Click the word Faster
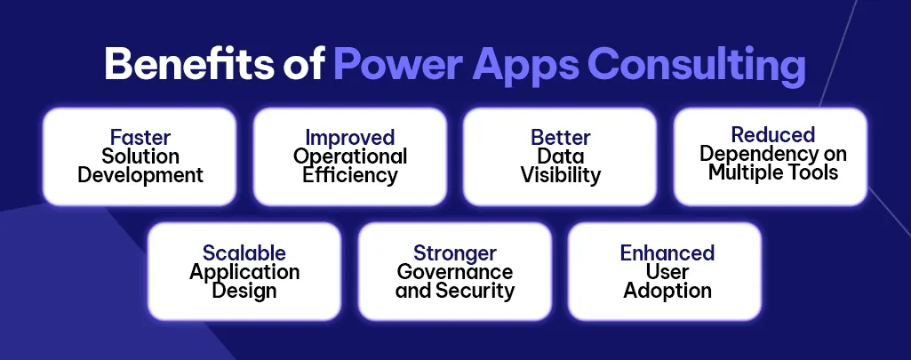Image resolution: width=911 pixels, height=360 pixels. pos(140,138)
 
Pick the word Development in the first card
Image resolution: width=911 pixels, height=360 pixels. pos(140,175)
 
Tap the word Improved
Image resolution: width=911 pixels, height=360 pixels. pos(350,138)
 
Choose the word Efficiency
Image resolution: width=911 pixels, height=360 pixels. pos(350,175)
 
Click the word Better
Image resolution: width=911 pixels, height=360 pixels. pos(561,138)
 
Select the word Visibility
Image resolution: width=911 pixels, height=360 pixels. pos(561,175)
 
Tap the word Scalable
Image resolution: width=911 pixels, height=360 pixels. pos(244,253)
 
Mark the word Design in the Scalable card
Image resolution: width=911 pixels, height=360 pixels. pos(244,291)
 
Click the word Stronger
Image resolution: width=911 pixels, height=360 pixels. pos(455,253)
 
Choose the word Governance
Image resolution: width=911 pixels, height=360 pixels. pos(455,272)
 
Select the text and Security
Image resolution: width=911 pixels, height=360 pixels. pos(455,291)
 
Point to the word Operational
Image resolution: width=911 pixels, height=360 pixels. pos(350,156)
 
